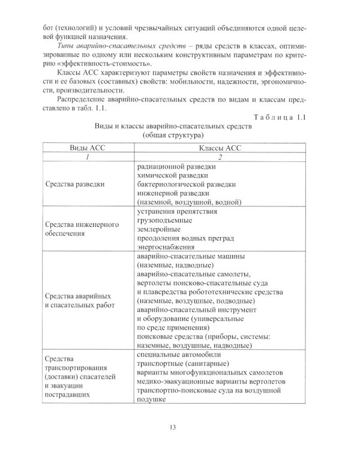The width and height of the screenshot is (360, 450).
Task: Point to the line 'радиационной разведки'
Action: [175, 165]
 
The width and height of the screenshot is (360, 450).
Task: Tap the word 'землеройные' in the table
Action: [159, 230]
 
